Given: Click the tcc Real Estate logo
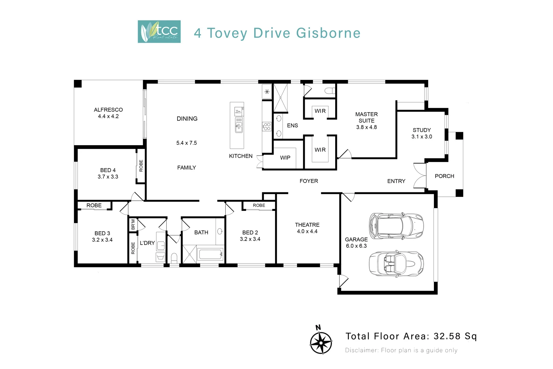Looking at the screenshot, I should click(x=159, y=31).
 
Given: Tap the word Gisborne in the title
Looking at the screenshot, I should click(x=328, y=33).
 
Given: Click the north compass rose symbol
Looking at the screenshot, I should click(x=321, y=342).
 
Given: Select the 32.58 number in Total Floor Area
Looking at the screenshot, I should click(x=447, y=336).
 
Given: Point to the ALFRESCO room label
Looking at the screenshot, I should click(x=108, y=110).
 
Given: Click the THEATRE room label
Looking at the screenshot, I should click(x=307, y=225).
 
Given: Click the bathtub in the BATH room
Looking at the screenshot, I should click(x=210, y=254).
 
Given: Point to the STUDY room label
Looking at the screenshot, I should click(x=422, y=130).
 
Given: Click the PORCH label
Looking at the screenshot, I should click(x=444, y=176).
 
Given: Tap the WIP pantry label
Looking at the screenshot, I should click(x=285, y=158).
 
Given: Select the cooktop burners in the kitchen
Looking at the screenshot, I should click(x=267, y=127).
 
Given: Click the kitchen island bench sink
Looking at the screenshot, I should click(x=239, y=125).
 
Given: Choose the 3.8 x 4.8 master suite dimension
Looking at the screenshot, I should click(x=366, y=127).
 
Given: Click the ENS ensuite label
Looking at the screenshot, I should click(x=292, y=126).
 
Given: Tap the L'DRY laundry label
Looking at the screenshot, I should click(x=147, y=243).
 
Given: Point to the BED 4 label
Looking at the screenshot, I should click(x=108, y=170).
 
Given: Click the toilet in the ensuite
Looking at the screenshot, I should click(x=329, y=91).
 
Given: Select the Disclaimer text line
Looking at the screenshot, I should click(x=401, y=350).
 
